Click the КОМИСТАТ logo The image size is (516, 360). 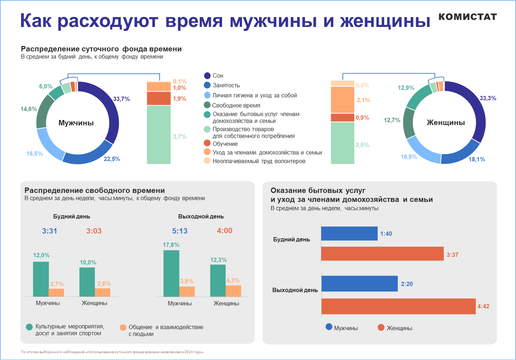pos(467,17)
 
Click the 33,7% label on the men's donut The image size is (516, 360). pos(121,99)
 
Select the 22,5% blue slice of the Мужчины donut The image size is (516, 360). pos(90,156)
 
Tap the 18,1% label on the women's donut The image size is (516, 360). pos(477,159)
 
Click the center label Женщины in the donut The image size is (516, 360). pos(446,123)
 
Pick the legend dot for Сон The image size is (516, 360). pos(207,75)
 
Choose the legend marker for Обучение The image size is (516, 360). pos(207,143)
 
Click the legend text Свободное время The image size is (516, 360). pos(236,105)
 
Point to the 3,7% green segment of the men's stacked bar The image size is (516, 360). pos(159,135)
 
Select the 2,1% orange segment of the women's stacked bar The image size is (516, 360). pos(342,100)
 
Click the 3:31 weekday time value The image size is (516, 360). pos(50,231)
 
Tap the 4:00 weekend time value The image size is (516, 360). pos(225,231)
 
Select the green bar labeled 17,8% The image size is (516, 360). pos(171,273)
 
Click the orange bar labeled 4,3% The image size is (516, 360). pos(233,291)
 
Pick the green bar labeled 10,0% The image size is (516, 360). pos(87,282)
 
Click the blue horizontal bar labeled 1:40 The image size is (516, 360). pos(349,234)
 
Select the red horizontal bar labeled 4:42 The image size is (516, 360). pos(398,306)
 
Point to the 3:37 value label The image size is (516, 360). pos(452,255)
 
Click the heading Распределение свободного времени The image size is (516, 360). pos(95,190)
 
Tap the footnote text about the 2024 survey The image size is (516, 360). pos(112,352)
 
